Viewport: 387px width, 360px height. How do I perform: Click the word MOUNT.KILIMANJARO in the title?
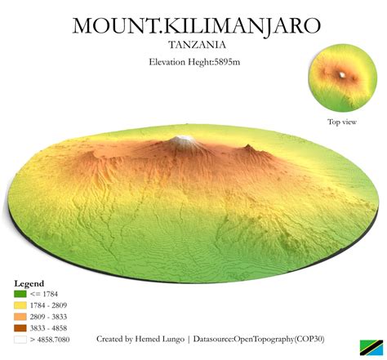(x=193, y=24)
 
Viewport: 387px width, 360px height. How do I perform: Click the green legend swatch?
(x=20, y=293)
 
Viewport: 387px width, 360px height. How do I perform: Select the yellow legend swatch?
(x=20, y=304)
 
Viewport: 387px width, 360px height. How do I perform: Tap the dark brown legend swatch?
(x=20, y=327)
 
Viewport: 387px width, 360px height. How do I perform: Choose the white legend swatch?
(x=20, y=339)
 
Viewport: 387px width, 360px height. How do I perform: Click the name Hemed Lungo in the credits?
(x=162, y=338)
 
